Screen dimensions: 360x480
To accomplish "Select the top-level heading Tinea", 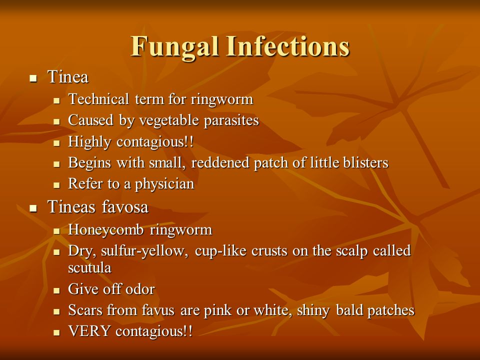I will (68, 77).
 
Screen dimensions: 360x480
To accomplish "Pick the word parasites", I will (231, 121).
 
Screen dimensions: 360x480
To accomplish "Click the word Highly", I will (90, 142).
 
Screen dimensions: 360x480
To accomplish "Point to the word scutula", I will (89, 267).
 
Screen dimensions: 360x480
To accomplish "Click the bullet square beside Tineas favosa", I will (33, 208).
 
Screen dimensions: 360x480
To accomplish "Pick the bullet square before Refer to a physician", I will (57, 185).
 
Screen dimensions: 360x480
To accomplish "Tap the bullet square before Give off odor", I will (57, 290).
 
